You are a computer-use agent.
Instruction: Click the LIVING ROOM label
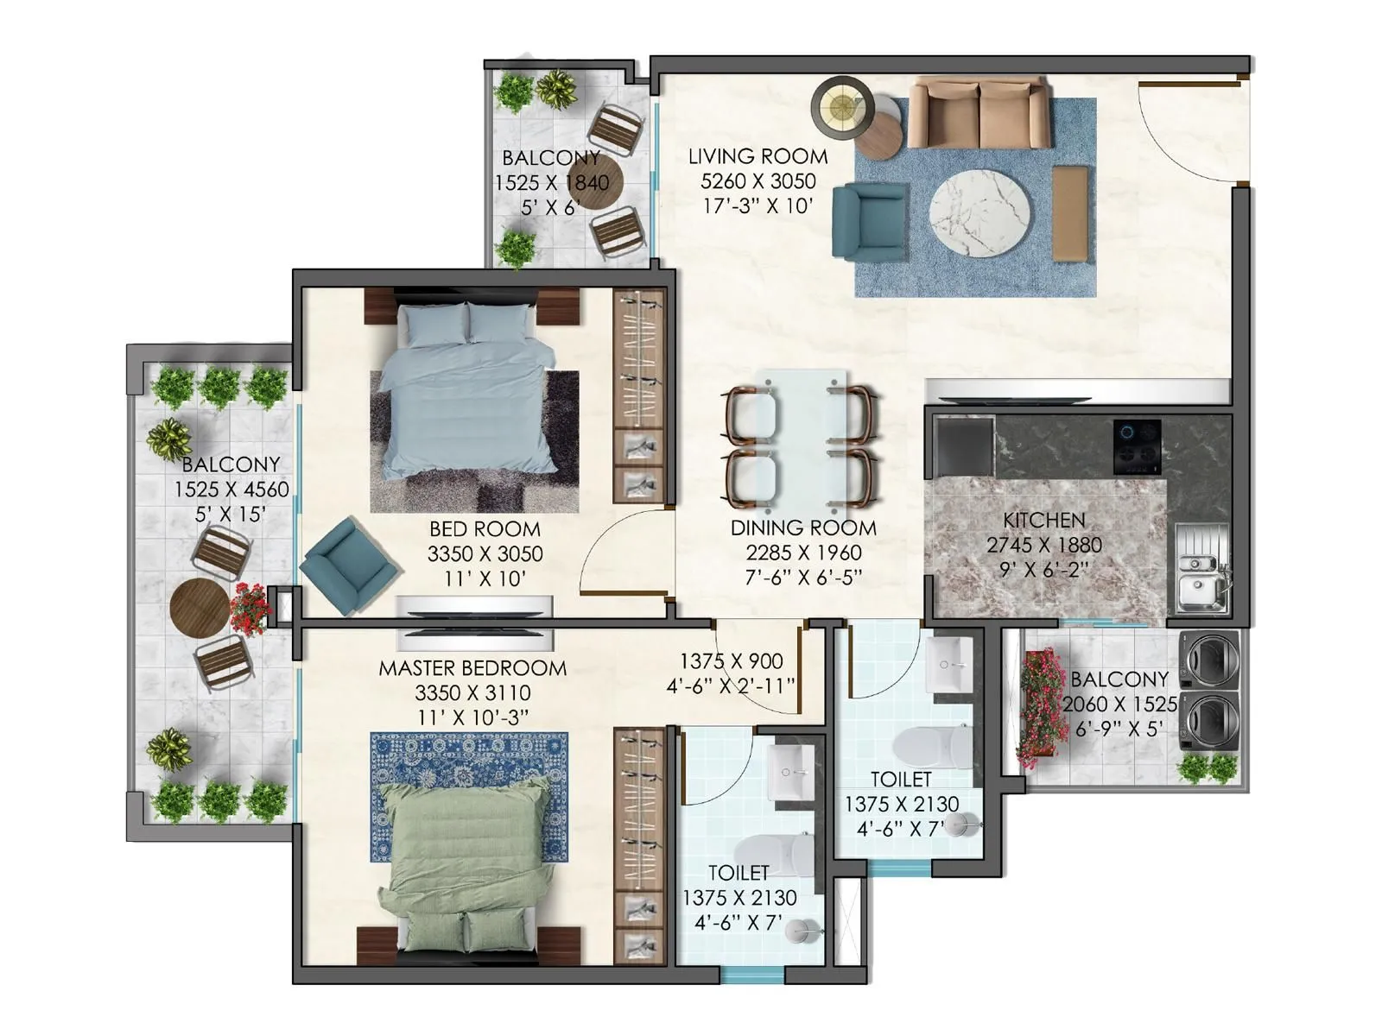pos(758,157)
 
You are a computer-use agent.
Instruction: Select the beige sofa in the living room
pos(979,114)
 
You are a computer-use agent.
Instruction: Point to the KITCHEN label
pos(1043,521)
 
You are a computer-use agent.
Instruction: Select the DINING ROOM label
pos(802,528)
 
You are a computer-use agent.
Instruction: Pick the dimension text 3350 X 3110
pos(472,693)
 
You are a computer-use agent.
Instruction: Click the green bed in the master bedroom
pos(467,863)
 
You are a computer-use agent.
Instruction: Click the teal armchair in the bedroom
pos(349,565)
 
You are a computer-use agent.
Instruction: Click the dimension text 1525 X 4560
pos(231,490)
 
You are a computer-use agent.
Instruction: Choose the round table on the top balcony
pos(599,183)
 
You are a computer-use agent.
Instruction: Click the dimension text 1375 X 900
pos(731,661)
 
